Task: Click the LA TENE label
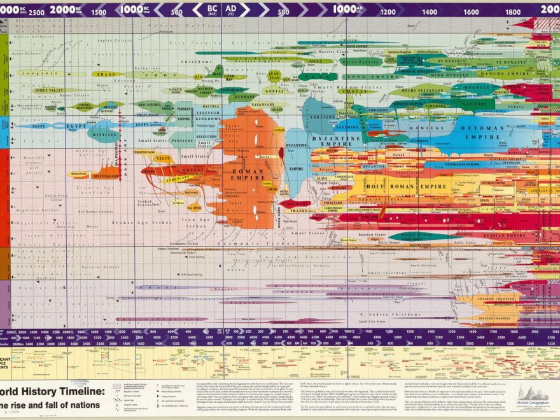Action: click(195, 207)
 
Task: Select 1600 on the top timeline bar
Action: click(471, 11)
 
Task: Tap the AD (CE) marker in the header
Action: click(231, 10)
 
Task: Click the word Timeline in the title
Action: click(73, 391)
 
